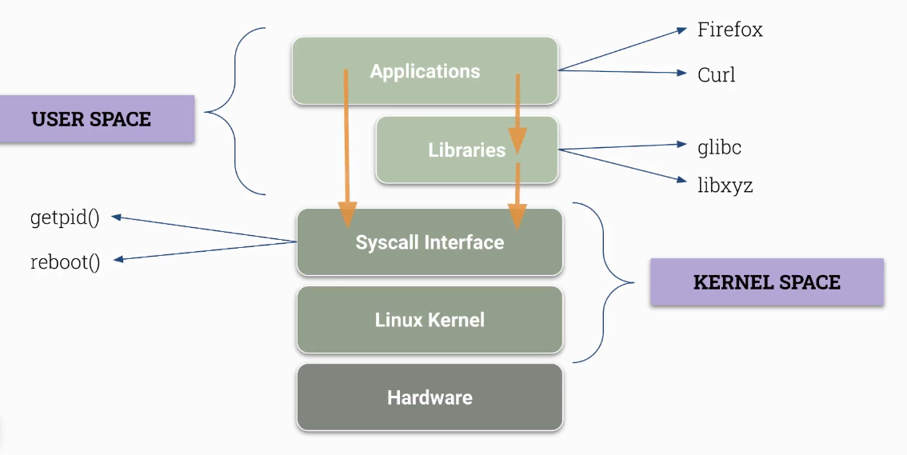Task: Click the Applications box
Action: (425, 71)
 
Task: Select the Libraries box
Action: (466, 150)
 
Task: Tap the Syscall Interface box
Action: (430, 242)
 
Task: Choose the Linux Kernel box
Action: (430, 320)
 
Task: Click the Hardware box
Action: (430, 397)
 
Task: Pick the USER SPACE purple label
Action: (92, 119)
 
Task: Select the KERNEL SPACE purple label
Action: (766, 281)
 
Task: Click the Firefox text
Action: (729, 30)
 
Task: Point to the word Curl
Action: (716, 75)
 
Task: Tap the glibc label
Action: (719, 147)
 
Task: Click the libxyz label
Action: (725, 186)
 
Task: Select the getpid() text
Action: (64, 218)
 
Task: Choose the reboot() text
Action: (65, 262)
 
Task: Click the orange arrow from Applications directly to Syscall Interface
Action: (346, 144)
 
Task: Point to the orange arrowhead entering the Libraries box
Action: (517, 142)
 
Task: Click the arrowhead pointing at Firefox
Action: (681, 30)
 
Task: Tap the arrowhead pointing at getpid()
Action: (116, 217)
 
